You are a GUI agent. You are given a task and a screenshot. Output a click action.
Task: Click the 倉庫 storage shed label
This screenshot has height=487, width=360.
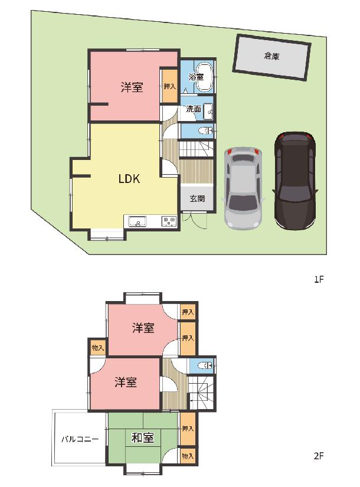pyautogui.click(x=272, y=56)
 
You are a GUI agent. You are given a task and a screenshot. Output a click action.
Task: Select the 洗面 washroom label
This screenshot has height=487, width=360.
pyautogui.click(x=193, y=109)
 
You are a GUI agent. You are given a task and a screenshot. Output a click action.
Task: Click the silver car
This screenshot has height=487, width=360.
pyautogui.click(x=243, y=188)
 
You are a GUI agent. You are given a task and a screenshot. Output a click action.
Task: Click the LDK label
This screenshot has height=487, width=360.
pyautogui.click(x=129, y=179)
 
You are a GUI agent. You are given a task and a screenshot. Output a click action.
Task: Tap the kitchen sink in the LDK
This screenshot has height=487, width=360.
pyautogui.click(x=138, y=222)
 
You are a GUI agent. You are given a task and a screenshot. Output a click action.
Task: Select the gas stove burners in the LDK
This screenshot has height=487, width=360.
pyautogui.click(x=169, y=221)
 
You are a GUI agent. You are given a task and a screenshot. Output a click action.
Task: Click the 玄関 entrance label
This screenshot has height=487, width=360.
pyautogui.click(x=197, y=198)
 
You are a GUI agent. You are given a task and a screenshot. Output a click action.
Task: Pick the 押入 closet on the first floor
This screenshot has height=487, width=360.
pyautogui.click(x=170, y=86)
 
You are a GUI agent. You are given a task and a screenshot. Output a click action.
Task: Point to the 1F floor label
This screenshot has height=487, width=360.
pyautogui.click(x=319, y=279)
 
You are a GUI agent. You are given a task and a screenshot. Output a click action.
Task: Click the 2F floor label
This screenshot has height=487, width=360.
pyautogui.click(x=319, y=456)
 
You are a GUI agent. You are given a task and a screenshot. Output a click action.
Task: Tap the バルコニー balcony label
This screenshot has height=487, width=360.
pyautogui.click(x=80, y=439)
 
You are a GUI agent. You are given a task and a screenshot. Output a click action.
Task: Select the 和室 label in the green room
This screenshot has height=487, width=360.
pyautogui.click(x=143, y=438)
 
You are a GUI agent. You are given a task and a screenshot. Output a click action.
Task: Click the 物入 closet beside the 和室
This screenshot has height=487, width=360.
pyautogui.click(x=188, y=456)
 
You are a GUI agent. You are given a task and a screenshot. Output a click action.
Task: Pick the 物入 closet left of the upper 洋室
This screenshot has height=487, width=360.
pyautogui.click(x=97, y=348)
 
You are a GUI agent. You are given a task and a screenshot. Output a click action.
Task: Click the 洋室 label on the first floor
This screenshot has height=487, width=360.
pyautogui.click(x=132, y=87)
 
